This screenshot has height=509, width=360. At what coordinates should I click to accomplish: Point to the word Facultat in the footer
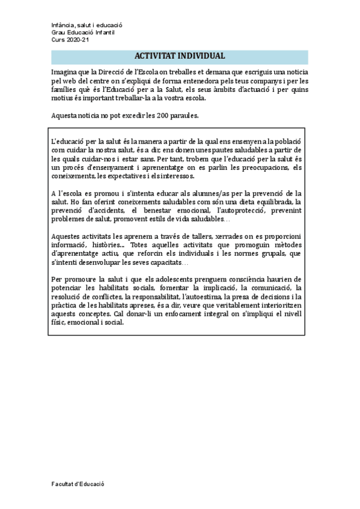[64, 483]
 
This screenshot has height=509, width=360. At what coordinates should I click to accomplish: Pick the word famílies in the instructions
[66, 89]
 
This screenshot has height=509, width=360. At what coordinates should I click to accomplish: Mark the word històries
[102, 245]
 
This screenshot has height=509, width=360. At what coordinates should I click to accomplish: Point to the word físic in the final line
[59, 322]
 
